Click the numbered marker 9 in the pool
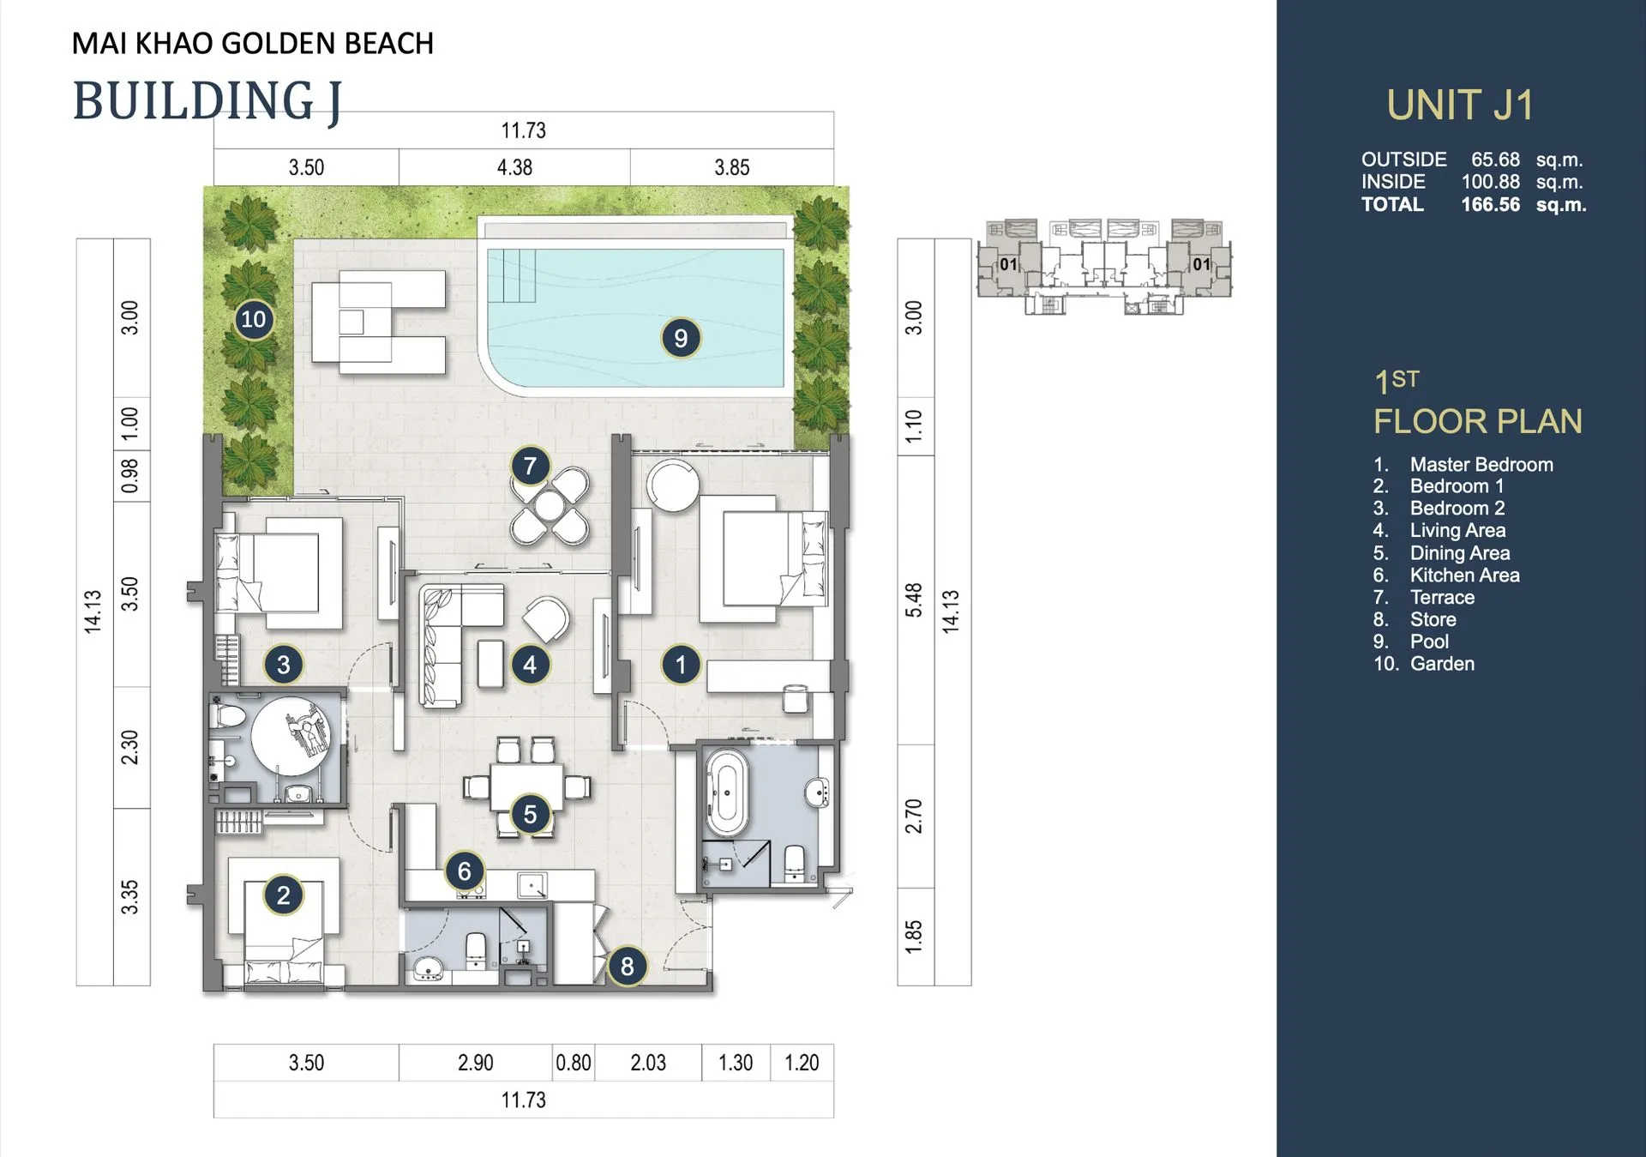click(x=681, y=338)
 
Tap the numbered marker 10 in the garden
click(x=254, y=319)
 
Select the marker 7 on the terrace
click(x=530, y=466)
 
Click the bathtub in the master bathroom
click(x=726, y=793)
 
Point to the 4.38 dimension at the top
click(x=514, y=167)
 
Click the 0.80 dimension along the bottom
click(x=574, y=1063)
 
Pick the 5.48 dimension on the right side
click(x=914, y=600)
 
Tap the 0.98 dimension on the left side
click(x=129, y=476)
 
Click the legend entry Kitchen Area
click(x=1465, y=575)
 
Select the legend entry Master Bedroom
click(x=1481, y=464)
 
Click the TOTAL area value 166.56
click(x=1491, y=204)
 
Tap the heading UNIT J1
click(x=1460, y=105)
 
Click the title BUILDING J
click(x=207, y=101)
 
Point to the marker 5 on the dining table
click(x=530, y=814)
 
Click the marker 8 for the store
click(x=628, y=967)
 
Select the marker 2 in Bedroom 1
click(x=284, y=895)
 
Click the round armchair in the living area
click(x=546, y=618)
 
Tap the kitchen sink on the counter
click(x=532, y=884)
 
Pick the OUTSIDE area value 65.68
click(x=1495, y=160)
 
